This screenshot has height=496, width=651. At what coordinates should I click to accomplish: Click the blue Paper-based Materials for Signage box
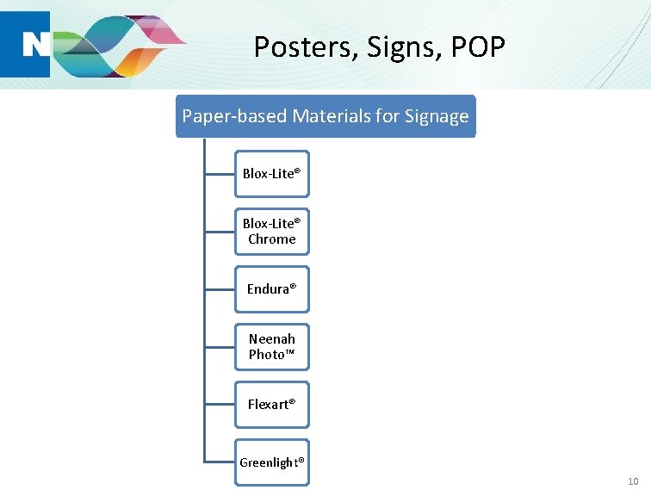[x=325, y=116]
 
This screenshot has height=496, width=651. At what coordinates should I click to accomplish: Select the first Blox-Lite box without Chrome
[x=271, y=173]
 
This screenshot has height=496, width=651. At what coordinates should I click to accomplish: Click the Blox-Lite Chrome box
[x=271, y=231]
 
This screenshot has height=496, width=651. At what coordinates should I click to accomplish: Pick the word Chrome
[x=271, y=239]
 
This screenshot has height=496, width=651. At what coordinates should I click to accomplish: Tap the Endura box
[x=271, y=288]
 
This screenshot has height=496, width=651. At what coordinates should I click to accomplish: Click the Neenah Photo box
[x=271, y=346]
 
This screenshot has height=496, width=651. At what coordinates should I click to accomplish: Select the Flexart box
[x=271, y=404]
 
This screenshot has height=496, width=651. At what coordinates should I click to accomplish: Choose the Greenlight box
[x=271, y=462]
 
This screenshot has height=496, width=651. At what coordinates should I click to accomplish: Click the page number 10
[x=633, y=480]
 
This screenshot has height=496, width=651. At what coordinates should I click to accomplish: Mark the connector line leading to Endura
[x=220, y=288]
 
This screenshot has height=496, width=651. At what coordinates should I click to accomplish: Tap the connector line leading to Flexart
[x=220, y=404]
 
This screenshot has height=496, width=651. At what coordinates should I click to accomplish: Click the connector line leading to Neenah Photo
[x=220, y=346]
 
